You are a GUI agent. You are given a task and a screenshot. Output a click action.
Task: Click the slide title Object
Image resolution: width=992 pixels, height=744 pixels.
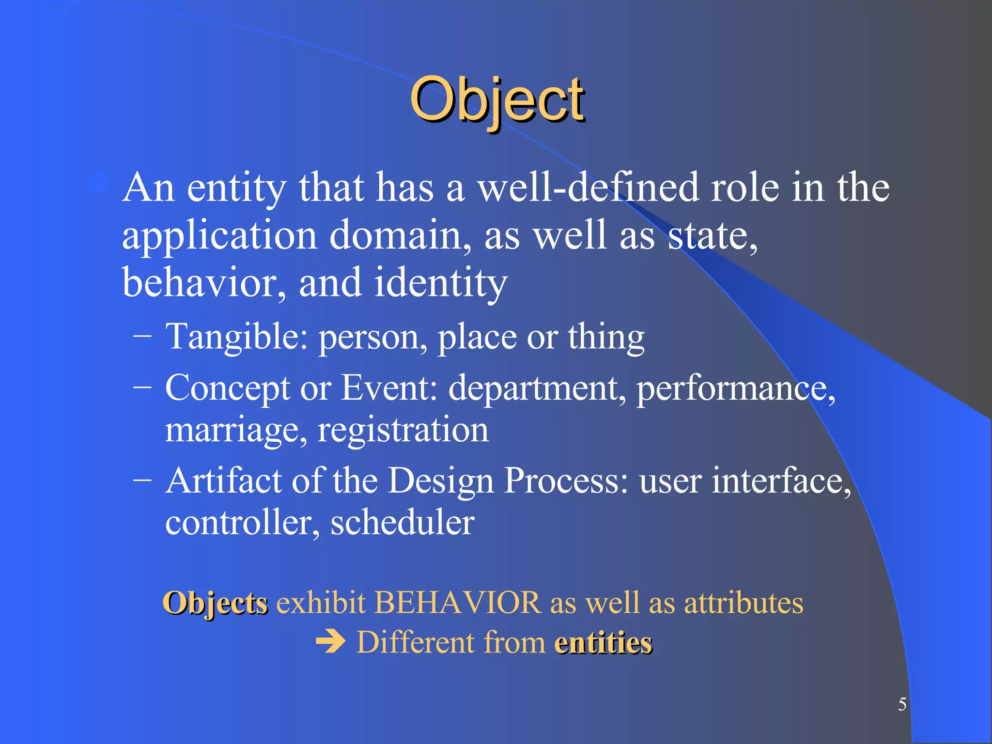click(497, 100)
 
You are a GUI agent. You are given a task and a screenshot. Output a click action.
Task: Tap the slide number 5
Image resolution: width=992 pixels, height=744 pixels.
click(902, 704)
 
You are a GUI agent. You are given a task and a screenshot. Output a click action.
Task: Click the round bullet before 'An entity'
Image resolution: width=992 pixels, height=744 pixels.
click(98, 183)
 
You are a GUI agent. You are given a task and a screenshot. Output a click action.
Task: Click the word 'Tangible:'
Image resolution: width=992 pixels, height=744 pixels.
click(236, 337)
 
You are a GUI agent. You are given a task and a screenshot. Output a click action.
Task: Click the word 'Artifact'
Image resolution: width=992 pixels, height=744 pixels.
click(223, 480)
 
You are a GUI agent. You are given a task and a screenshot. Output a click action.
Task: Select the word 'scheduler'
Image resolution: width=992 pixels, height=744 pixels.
click(402, 523)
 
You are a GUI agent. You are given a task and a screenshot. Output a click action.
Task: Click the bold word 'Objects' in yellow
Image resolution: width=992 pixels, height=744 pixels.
click(215, 604)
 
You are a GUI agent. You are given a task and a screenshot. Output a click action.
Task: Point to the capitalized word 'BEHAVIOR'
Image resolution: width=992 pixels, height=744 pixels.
click(457, 603)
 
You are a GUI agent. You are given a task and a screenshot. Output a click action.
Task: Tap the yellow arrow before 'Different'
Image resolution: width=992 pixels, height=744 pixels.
click(330, 643)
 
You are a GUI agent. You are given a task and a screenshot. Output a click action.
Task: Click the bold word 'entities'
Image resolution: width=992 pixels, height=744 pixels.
click(603, 643)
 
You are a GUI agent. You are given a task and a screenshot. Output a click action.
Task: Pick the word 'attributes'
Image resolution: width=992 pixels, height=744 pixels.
click(743, 603)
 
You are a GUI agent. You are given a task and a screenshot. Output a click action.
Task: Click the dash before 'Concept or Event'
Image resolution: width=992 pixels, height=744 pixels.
click(142, 387)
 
